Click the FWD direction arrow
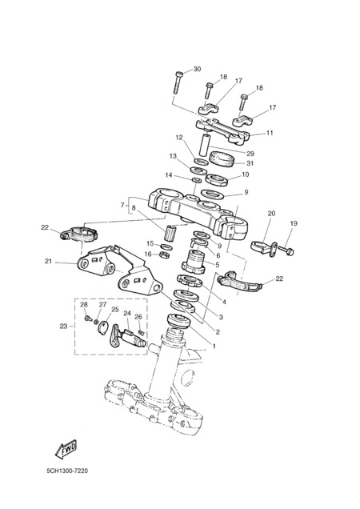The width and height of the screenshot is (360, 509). [x=66, y=449]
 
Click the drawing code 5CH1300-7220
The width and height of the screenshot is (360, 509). [x=67, y=471]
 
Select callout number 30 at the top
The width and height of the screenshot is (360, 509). [x=197, y=69]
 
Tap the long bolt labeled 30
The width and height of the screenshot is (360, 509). [x=178, y=82]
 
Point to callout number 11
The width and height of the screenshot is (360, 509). [x=270, y=133]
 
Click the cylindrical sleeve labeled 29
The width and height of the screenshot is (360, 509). [x=205, y=145]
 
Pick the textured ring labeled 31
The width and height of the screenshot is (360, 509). [x=222, y=159]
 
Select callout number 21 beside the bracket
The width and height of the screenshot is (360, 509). [x=48, y=261]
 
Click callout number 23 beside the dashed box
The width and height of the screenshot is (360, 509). [x=63, y=327]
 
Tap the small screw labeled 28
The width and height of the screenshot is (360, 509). [x=87, y=319]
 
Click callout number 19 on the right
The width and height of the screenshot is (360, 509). [x=294, y=223]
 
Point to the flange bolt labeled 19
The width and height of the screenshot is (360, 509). [x=286, y=250]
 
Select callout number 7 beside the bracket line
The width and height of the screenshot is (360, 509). [x=122, y=205]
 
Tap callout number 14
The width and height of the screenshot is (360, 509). [x=169, y=175]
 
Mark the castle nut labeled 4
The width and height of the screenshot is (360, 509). [x=190, y=280]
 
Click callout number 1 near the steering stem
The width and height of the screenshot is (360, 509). [x=214, y=347]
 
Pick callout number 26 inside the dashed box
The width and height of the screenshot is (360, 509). [x=138, y=316]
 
